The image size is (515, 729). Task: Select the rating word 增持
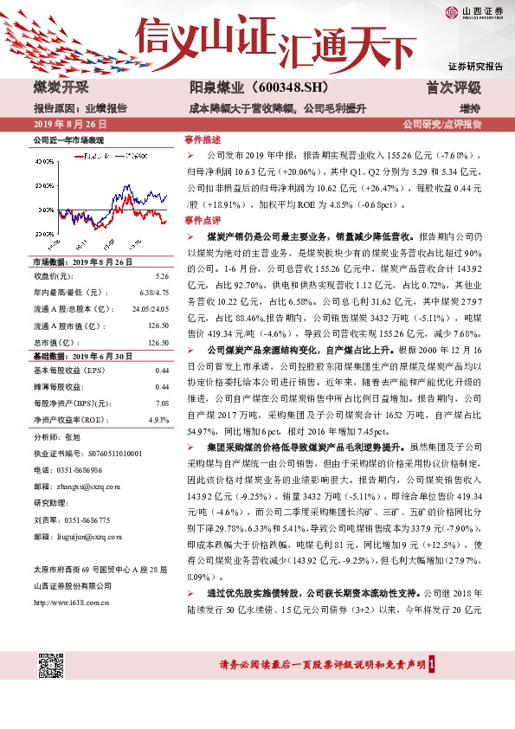(x=470, y=108)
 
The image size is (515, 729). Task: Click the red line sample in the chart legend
(x=80, y=155)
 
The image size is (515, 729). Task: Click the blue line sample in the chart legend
(x=119, y=155)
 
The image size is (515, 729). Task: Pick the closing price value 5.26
(x=161, y=275)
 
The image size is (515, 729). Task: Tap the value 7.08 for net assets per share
(x=161, y=403)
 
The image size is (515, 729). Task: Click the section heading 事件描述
(x=203, y=139)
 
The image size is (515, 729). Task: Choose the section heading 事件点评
(x=203, y=222)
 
